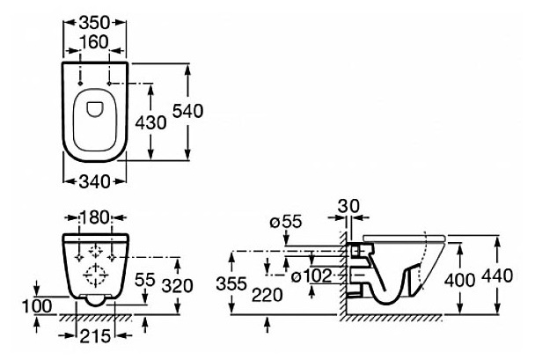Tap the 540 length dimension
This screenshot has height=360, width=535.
coord(206,111)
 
